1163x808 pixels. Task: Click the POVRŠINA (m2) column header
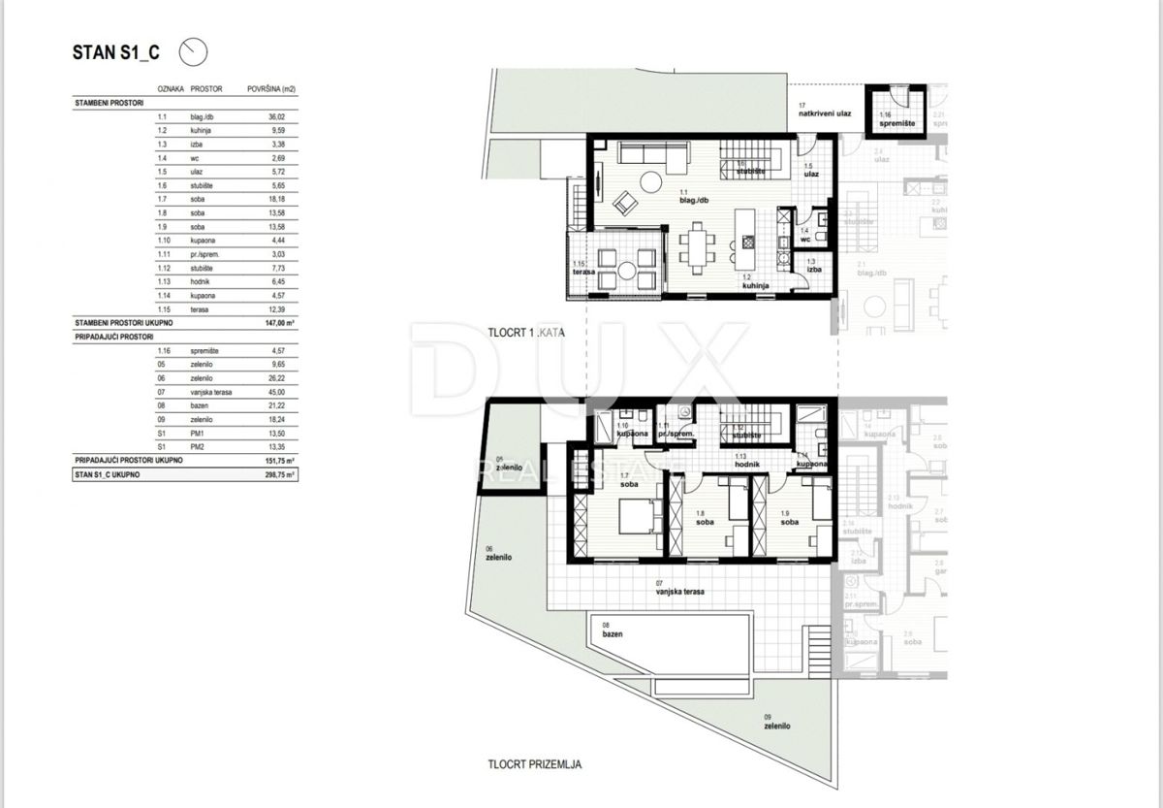[271, 88]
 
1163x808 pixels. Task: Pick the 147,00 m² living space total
[278, 320]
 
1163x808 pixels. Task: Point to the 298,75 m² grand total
[278, 475]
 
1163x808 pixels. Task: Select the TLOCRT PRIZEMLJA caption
[535, 764]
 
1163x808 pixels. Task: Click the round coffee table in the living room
[646, 181]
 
